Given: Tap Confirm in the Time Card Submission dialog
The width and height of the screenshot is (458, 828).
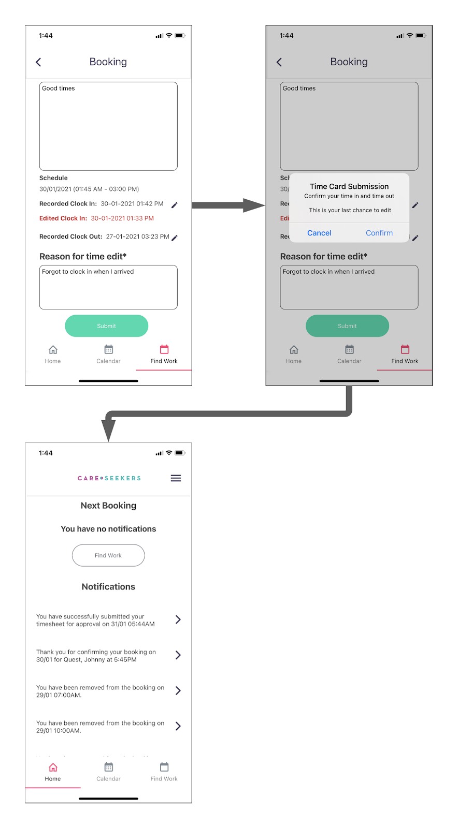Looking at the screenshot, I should click(379, 233).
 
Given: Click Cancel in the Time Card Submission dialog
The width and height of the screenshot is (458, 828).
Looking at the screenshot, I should click(319, 233).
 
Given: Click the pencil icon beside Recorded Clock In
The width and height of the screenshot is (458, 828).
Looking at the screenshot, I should click(175, 205).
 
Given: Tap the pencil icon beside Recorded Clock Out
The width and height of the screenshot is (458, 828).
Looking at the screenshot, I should click(175, 238).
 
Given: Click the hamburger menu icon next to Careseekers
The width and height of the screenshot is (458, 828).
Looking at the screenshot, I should click(176, 478).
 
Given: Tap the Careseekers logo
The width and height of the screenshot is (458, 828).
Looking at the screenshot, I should click(109, 478).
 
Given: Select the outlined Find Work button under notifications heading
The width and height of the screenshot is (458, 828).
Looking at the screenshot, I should click(108, 555).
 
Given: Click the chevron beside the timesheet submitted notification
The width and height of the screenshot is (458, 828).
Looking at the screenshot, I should click(178, 619).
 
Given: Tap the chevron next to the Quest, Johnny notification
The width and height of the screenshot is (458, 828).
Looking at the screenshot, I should click(178, 655).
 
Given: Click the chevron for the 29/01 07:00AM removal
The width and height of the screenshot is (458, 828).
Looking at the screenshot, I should click(178, 690).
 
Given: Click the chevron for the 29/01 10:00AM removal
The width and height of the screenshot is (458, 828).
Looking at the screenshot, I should click(178, 726).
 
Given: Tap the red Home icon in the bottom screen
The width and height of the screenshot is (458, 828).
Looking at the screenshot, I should click(53, 767).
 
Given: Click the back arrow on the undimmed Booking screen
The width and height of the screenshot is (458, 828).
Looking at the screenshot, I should click(38, 62).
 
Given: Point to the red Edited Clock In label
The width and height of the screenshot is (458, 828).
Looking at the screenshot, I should click(63, 218).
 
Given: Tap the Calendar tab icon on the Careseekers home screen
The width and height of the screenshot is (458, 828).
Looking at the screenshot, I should click(108, 767).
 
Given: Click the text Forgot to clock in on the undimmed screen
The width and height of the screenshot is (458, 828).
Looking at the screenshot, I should click(88, 272).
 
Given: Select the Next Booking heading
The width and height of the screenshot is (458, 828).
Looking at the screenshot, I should click(108, 506).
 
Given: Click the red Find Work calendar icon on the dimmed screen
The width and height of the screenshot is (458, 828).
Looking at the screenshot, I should click(405, 349).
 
